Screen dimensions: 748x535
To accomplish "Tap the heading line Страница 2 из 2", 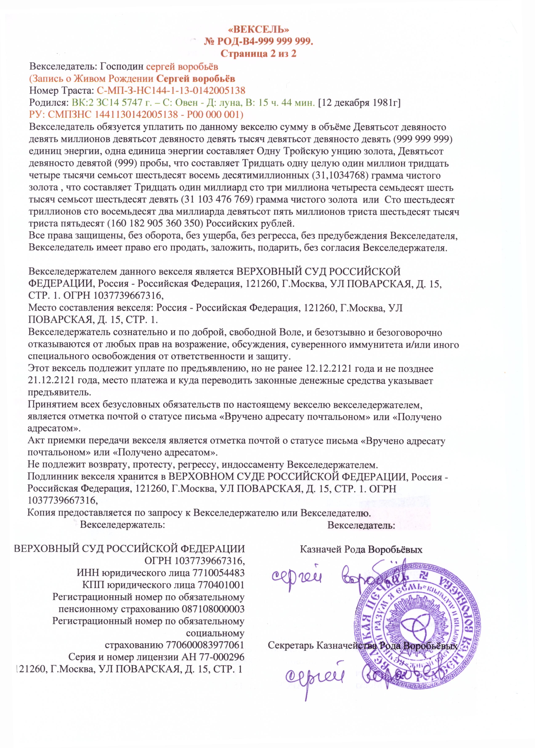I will [259, 54].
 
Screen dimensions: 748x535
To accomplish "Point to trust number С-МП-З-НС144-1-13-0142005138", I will [171, 90].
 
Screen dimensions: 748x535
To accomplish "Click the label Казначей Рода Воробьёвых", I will [361, 549].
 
